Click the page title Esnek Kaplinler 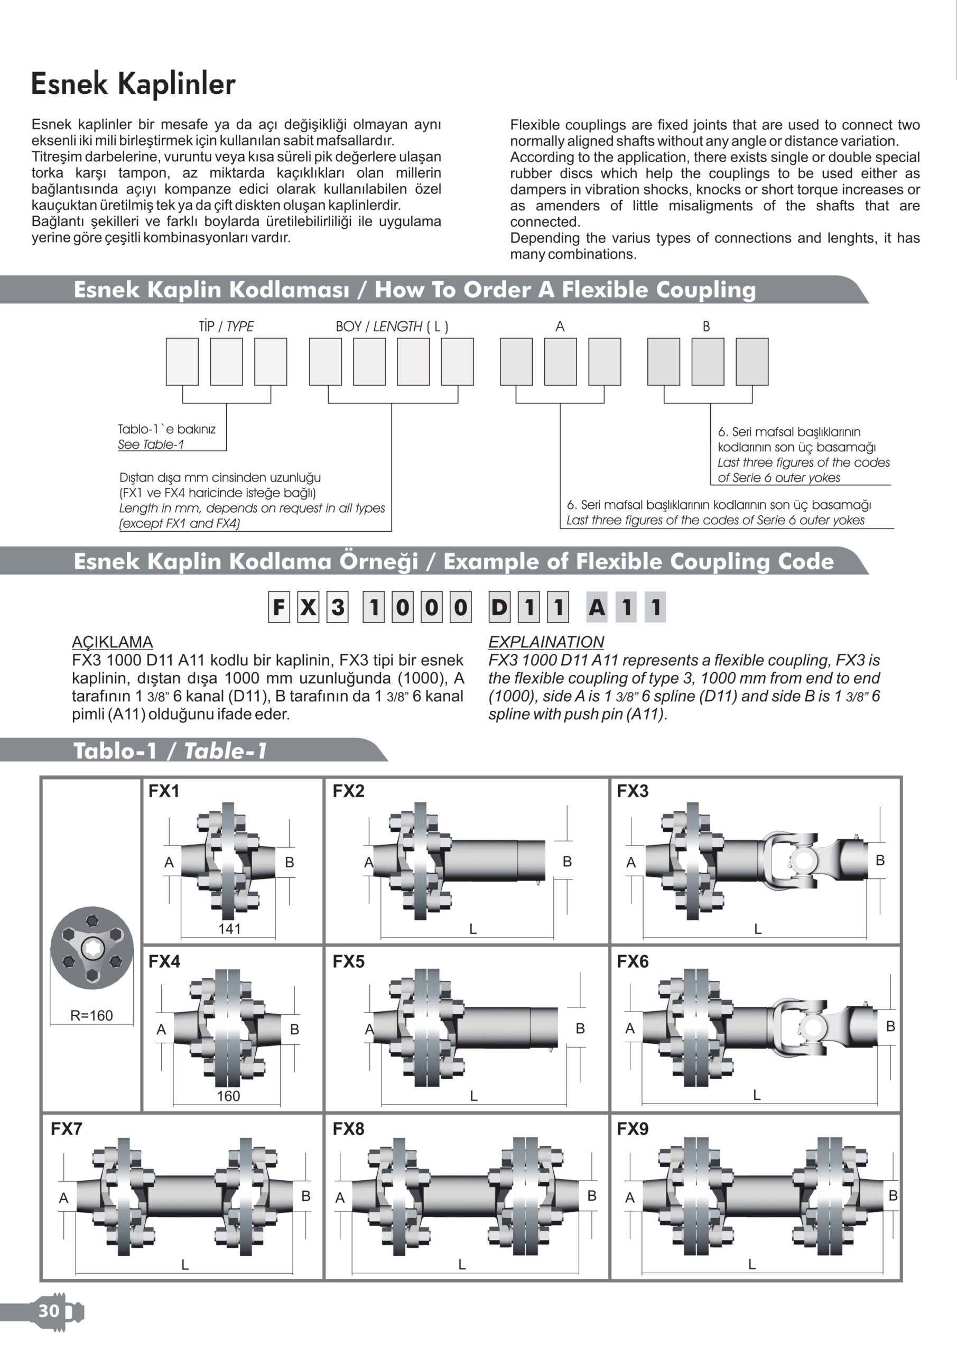coord(133,84)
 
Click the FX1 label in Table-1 coord(164,791)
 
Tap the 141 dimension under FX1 coord(229,929)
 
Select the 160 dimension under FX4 coord(228,1096)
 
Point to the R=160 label coord(91,1015)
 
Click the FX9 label coord(633,1128)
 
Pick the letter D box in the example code coord(499,607)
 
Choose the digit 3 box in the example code coord(338,607)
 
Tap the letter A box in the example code coord(597,607)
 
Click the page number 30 coord(49,1310)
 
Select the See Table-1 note coord(151,444)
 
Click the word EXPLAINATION coord(546,642)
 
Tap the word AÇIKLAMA coord(112,642)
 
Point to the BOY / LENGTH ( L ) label coord(392,327)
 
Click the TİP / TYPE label coord(226,327)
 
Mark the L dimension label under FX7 coord(185,1265)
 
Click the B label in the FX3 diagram coord(880,860)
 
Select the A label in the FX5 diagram coord(369,1029)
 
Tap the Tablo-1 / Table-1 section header coord(170,750)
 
